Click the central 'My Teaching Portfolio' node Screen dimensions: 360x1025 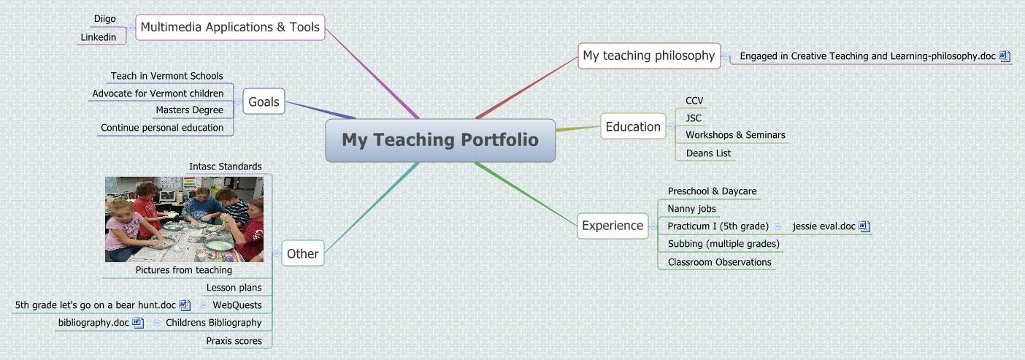click(440, 139)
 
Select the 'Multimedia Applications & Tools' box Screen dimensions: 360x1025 click(230, 27)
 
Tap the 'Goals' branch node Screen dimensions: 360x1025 click(264, 102)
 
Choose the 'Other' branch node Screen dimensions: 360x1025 click(302, 253)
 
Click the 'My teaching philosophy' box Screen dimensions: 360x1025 click(648, 55)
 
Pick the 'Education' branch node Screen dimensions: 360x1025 click(632, 126)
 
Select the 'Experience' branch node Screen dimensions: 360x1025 click(612, 226)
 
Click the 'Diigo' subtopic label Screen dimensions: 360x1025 click(104, 18)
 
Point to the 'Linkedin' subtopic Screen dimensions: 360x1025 click(98, 37)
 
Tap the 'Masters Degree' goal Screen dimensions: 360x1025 click(189, 110)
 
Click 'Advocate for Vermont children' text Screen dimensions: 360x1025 click(158, 93)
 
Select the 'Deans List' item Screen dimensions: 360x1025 click(708, 153)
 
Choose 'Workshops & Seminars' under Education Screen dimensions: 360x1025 click(735, 134)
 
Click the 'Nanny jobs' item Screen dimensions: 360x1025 click(691, 209)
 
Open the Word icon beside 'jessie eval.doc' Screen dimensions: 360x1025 click(864, 226)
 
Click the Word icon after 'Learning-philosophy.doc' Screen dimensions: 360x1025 click(1005, 55)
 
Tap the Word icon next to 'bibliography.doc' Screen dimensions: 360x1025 click(138, 322)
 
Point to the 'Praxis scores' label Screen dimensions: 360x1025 click(234, 340)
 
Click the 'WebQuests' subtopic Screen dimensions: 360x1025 click(237, 305)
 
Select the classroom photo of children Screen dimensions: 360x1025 click(184, 219)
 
